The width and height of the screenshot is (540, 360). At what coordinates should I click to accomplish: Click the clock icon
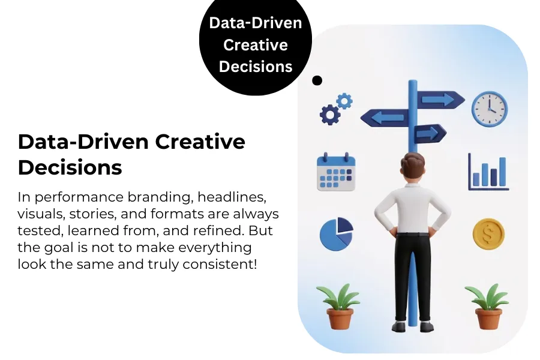tap(489, 109)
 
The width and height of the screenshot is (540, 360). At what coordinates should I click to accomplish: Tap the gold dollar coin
tap(488, 233)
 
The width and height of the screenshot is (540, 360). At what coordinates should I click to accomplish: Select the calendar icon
tap(336, 172)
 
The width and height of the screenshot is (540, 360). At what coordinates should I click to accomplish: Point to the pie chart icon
tap(336, 233)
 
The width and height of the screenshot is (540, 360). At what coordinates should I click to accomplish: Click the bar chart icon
tap(488, 172)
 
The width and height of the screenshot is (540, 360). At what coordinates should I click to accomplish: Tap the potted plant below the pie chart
tap(337, 307)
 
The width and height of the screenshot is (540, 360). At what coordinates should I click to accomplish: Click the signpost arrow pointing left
tap(383, 118)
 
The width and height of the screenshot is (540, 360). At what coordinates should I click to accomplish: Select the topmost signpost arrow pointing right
tap(440, 99)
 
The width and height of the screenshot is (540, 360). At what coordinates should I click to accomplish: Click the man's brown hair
tap(413, 163)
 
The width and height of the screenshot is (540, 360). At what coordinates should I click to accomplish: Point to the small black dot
tap(317, 80)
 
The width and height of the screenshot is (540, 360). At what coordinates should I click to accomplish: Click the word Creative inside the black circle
tap(256, 45)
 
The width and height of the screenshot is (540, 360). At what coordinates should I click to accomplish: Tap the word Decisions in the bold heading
tap(70, 167)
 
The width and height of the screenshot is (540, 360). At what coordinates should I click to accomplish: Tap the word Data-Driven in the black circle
tap(256, 24)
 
